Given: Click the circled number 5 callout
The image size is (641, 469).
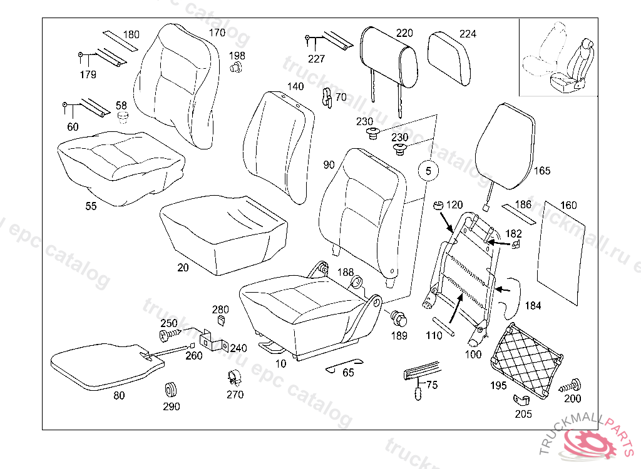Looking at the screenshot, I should (x=428, y=169).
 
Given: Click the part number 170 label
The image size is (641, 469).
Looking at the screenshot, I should (x=217, y=33).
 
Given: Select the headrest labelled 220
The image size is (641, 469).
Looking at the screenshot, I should (x=389, y=58).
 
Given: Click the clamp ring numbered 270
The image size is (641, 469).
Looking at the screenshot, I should (x=234, y=377).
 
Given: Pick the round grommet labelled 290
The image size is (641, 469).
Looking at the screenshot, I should (x=170, y=389).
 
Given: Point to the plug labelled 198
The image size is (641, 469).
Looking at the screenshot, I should (x=237, y=69).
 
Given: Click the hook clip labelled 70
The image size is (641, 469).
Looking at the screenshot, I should (x=326, y=97).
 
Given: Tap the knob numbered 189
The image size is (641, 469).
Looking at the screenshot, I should (x=399, y=319).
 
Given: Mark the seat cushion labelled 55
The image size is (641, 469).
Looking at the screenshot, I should (x=119, y=166).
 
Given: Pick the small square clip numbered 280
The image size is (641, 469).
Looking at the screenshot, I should (x=221, y=320).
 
